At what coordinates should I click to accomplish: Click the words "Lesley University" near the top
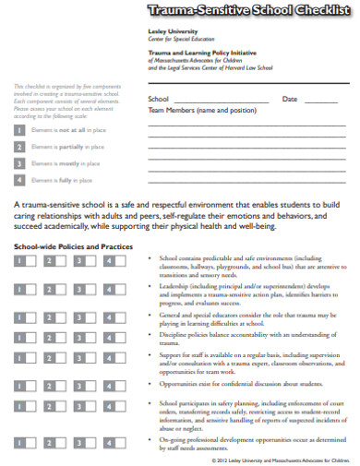tap(172, 30)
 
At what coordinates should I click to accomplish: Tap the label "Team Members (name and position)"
tap(202, 110)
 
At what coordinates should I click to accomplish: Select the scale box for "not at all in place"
tap(19, 131)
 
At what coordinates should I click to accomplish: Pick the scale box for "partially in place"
tap(19, 147)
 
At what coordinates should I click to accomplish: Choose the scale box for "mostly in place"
tap(19, 163)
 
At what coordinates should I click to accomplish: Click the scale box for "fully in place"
tap(19, 180)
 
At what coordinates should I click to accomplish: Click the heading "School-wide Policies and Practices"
tap(73, 247)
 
